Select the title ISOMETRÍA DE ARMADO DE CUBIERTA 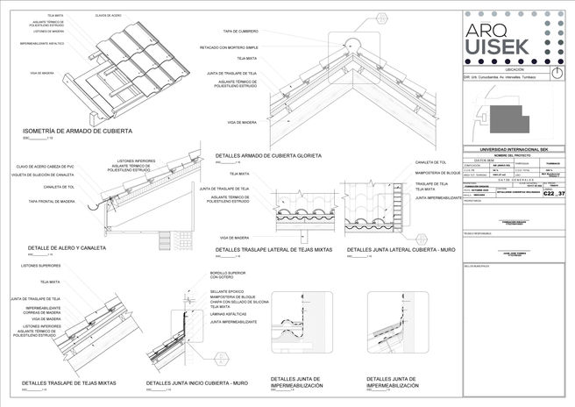(x=77, y=131)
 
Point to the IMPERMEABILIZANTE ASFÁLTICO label (x=41, y=41)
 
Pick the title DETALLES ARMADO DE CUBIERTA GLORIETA (x=268, y=155)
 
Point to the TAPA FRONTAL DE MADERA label (x=51, y=202)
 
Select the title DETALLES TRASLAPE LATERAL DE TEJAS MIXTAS (x=273, y=250)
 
